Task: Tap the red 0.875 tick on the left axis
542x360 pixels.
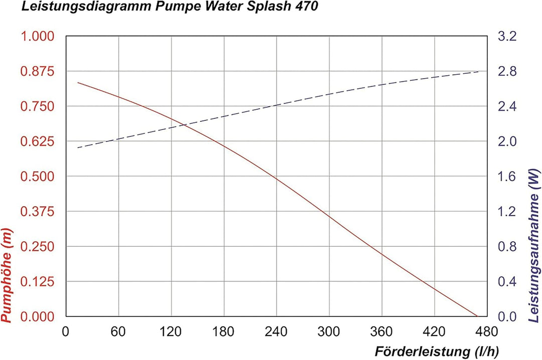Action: (x=36, y=71)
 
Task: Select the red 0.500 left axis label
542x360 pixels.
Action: (x=36, y=176)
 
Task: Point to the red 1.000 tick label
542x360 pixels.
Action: (x=36, y=37)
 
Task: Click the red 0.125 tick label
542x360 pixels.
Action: (x=36, y=282)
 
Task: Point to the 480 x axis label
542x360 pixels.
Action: (x=487, y=332)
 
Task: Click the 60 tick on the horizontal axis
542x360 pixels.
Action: (x=118, y=332)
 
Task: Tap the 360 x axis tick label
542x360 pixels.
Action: (x=381, y=332)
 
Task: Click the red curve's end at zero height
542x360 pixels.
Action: (x=476, y=316)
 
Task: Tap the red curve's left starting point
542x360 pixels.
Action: (x=78, y=82)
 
